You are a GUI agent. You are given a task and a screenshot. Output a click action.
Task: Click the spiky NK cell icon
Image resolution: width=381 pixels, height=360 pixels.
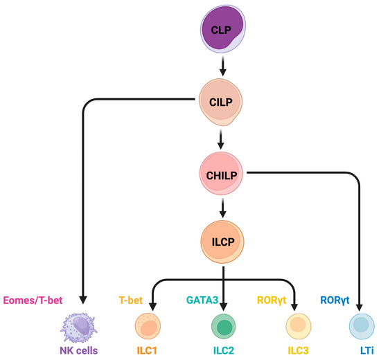pos(82,325)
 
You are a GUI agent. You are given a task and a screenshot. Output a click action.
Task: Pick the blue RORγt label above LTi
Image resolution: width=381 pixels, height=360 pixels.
pos(339,300)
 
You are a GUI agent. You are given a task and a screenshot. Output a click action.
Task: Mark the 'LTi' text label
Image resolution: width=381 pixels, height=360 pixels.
pos(360,351)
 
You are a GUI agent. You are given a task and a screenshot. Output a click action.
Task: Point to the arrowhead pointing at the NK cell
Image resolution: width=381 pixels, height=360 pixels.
pos(82,299)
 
